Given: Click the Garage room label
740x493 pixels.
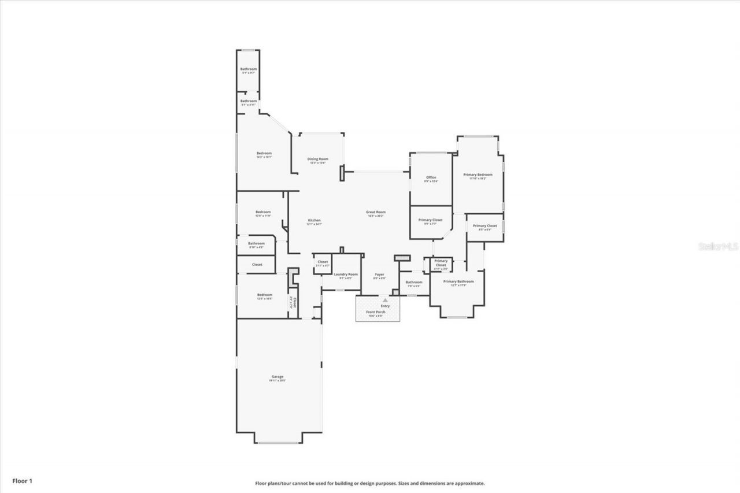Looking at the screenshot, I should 277,377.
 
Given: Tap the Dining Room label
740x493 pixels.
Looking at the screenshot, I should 317,159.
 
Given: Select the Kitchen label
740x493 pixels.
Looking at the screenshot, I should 314,220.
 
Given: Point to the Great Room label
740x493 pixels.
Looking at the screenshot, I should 376,212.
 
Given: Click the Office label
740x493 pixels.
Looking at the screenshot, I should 431,177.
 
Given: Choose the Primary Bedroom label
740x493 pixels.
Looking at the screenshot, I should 478,175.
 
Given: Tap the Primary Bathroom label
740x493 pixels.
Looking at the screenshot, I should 458,281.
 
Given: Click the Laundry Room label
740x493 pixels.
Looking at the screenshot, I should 346,274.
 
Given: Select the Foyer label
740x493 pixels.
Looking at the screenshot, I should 379,275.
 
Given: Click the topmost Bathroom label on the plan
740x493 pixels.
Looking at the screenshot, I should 249,69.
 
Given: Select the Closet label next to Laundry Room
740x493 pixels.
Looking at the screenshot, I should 323,262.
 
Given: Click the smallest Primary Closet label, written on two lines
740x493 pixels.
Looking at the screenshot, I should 441,263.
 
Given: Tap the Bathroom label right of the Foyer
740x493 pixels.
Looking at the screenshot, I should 414,282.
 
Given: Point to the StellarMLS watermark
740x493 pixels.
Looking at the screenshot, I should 719,246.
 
